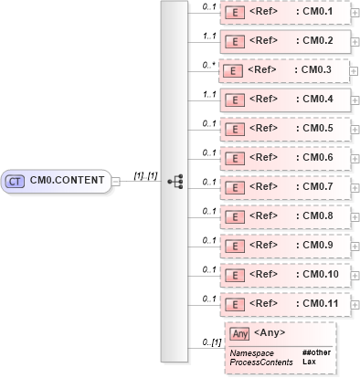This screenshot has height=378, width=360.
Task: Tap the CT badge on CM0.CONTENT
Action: pos(16,181)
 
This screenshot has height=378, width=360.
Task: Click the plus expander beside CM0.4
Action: pos(355,100)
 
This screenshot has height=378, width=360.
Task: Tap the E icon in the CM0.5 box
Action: pos(234,128)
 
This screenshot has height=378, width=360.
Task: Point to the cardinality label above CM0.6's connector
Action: pos(208,152)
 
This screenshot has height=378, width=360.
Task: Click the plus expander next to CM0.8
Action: pos(355,216)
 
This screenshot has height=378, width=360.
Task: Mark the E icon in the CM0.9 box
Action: pos(234,245)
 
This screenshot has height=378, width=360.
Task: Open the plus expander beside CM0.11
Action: pos(355,303)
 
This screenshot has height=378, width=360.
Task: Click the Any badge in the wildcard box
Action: pos(239,334)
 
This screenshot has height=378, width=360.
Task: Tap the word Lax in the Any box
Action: pos(309,362)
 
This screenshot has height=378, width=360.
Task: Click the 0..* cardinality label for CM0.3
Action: pos(208,65)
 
